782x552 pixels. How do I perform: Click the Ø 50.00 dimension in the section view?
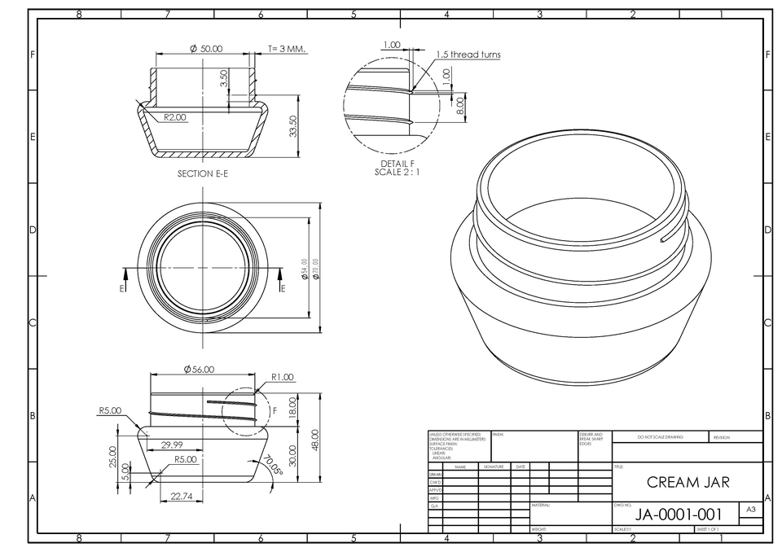coord(206,49)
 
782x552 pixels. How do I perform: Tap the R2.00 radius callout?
coord(175,117)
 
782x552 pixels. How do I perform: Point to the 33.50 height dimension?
coord(294,126)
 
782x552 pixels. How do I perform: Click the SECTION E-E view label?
coord(202,173)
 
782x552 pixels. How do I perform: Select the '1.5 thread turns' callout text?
coord(468,55)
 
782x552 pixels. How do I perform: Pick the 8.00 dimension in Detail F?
coord(460,104)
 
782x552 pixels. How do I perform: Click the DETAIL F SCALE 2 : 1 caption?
coord(398,168)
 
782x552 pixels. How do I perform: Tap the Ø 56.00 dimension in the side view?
coord(200,369)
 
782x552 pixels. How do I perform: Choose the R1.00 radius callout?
coord(283,377)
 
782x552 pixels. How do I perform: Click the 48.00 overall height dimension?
coord(315,439)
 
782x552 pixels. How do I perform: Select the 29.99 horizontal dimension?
coord(172,445)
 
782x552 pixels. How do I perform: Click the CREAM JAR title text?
coord(688,482)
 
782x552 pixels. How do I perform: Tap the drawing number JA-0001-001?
coord(679,515)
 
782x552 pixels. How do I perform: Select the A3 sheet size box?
coord(750,509)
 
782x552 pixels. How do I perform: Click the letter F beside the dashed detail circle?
coord(275,411)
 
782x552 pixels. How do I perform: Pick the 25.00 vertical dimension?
coord(113,456)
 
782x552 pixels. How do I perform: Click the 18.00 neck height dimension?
coord(293,405)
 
